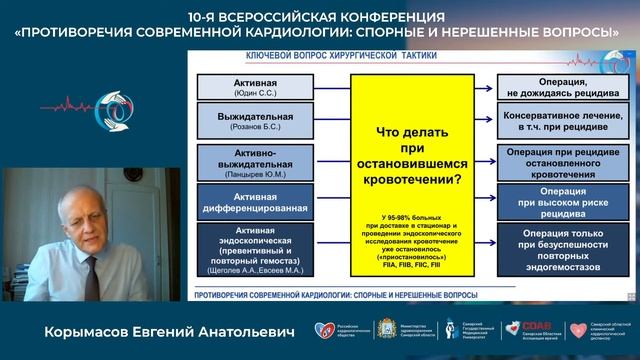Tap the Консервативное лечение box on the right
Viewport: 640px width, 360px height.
556,124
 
